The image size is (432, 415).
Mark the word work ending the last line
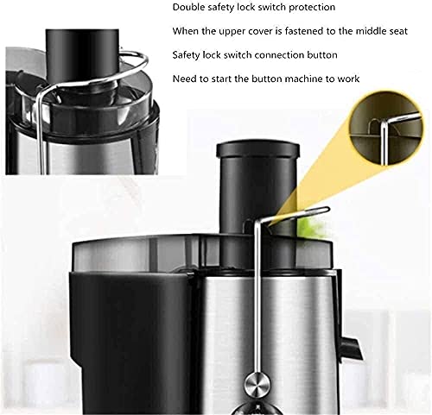point(347,79)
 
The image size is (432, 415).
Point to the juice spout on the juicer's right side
point(349,346)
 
